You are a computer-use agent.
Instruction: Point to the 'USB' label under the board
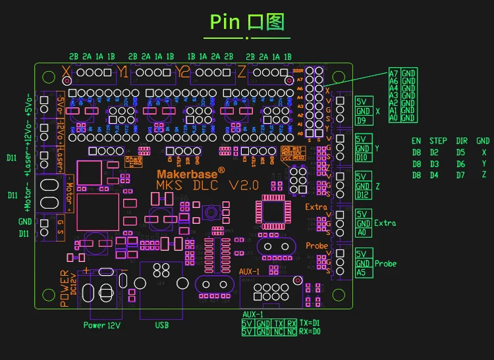(162, 325)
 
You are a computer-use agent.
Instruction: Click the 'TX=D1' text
(310, 323)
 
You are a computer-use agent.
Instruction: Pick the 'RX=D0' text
(310, 332)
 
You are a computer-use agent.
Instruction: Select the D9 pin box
(362, 120)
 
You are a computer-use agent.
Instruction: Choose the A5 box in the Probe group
(361, 272)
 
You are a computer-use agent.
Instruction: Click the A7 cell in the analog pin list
(393, 73)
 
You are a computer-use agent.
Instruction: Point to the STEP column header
(438, 141)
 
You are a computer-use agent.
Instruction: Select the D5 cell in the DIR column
(460, 152)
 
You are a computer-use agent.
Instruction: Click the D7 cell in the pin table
(460, 174)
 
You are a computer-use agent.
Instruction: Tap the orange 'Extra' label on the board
(316, 207)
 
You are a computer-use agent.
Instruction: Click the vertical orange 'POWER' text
(65, 288)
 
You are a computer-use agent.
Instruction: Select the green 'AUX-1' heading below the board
(254, 315)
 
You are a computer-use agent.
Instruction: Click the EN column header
(416, 141)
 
